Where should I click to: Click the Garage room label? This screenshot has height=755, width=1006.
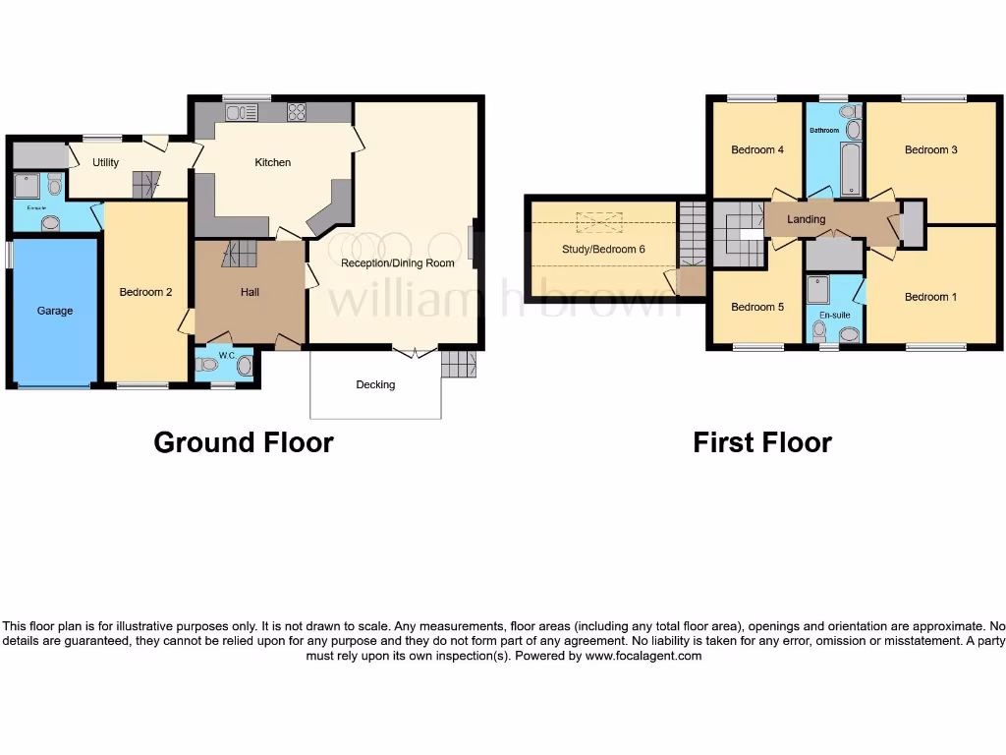pyautogui.click(x=55, y=311)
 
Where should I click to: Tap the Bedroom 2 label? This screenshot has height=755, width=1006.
pyautogui.click(x=146, y=292)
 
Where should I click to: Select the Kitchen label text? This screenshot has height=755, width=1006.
pyautogui.click(x=273, y=162)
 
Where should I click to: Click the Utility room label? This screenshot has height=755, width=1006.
pyautogui.click(x=106, y=162)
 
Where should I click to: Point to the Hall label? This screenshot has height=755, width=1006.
pyautogui.click(x=250, y=292)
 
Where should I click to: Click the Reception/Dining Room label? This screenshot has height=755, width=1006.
pyautogui.click(x=398, y=263)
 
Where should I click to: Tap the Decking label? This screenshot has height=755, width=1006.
pyautogui.click(x=375, y=384)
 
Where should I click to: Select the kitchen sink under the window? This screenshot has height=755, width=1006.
pyautogui.click(x=241, y=113)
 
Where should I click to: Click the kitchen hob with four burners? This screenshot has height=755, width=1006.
pyautogui.click(x=296, y=113)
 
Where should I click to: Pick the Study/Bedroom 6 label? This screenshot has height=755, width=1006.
pyautogui.click(x=603, y=249)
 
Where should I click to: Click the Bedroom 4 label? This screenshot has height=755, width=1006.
pyautogui.click(x=757, y=150)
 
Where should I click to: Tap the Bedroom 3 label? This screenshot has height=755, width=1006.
pyautogui.click(x=931, y=149)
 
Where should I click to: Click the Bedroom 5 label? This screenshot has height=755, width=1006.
pyautogui.click(x=757, y=307)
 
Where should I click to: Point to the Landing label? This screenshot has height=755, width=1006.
pyautogui.click(x=807, y=219)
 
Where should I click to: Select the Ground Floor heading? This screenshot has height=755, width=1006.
pyautogui.click(x=244, y=442)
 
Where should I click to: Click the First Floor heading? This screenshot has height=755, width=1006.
pyautogui.click(x=762, y=442)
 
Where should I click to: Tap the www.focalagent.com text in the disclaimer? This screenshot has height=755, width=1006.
pyautogui.click(x=643, y=656)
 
